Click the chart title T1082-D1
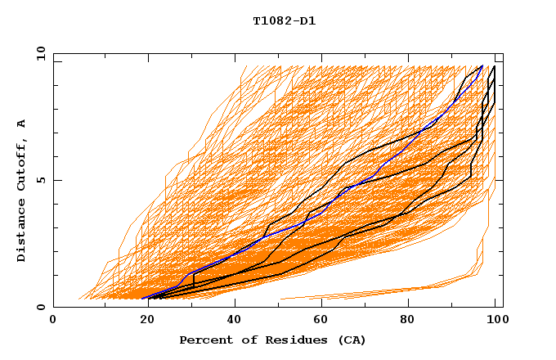click(284, 20)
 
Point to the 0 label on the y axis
click(41, 307)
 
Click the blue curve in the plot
click(262, 238)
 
